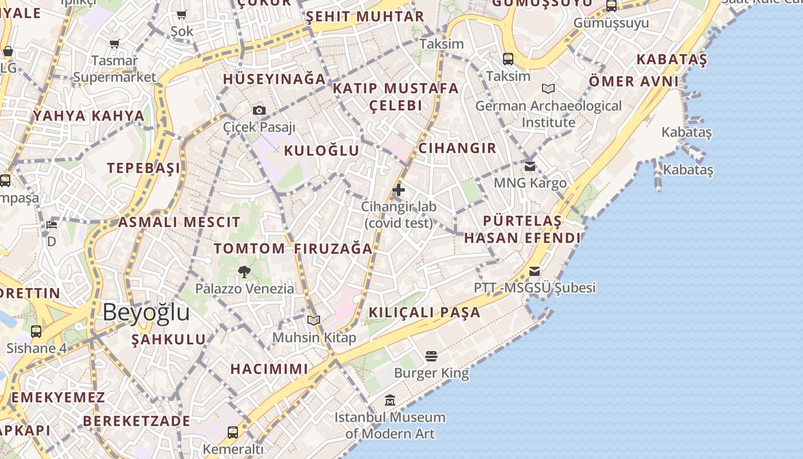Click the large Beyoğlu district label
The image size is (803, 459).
tap(146, 313)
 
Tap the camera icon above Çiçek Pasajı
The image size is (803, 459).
tap(259, 110)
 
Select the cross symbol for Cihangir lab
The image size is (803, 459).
tap(399, 190)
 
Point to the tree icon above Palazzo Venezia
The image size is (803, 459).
tap(244, 272)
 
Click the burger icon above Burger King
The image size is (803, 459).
tap(431, 356)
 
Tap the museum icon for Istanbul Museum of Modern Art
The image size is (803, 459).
tap(390, 400)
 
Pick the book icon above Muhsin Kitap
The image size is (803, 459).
tap(313, 320)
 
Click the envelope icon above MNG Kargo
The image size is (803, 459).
tap(530, 166)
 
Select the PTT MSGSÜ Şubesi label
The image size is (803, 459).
tap(535, 287)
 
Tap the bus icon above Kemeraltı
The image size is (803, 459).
tap(233, 432)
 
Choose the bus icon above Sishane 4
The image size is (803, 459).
tap(36, 331)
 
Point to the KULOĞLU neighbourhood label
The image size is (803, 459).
tap(322, 151)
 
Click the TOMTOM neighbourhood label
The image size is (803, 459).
tap(250, 248)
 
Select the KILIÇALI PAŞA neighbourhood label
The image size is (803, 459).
tap(424, 313)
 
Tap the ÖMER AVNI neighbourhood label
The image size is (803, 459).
tap(634, 81)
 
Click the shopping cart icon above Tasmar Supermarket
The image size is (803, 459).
tap(115, 44)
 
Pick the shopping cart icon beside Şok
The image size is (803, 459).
tap(182, 15)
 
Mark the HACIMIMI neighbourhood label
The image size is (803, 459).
tap(269, 369)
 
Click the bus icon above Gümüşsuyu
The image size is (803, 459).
tap(611, 6)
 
